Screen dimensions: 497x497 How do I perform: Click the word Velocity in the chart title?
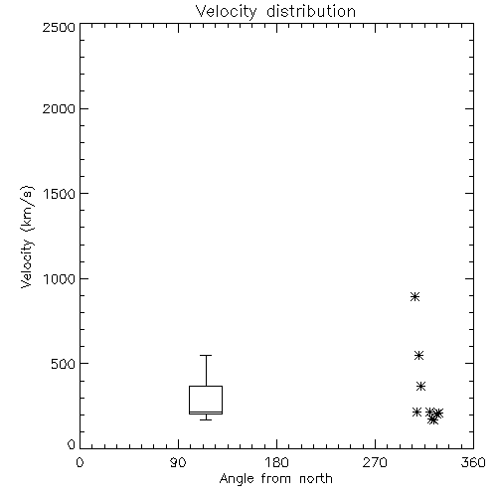click(x=226, y=12)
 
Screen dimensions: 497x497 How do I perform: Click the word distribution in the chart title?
click(x=311, y=11)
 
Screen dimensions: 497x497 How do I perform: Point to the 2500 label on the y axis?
click(x=59, y=27)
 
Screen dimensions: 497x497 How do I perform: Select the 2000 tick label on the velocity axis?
click(x=59, y=108)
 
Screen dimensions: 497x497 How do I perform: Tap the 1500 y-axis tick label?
click(x=60, y=194)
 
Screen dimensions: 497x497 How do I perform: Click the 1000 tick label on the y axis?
click(x=60, y=279)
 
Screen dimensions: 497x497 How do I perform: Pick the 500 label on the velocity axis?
click(x=64, y=364)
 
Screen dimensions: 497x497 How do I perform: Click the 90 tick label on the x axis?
click(x=178, y=462)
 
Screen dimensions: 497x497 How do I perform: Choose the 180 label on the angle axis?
click(x=276, y=462)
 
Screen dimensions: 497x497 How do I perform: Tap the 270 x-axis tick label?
click(x=375, y=462)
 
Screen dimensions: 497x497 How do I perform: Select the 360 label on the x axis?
click(x=473, y=462)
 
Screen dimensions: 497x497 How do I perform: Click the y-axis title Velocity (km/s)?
click(x=27, y=237)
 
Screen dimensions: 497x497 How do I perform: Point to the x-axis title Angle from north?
click(x=276, y=479)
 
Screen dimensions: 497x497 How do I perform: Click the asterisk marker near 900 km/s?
click(x=414, y=296)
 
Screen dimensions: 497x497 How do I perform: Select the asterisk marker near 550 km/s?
click(x=418, y=356)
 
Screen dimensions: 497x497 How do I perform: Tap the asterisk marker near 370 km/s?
click(x=420, y=386)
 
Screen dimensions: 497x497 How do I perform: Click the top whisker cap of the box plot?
click(x=206, y=355)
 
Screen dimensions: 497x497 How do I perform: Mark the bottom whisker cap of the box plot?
click(x=206, y=419)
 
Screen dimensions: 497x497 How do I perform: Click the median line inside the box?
click(x=206, y=412)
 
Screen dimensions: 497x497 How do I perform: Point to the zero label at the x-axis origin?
click(x=80, y=462)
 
